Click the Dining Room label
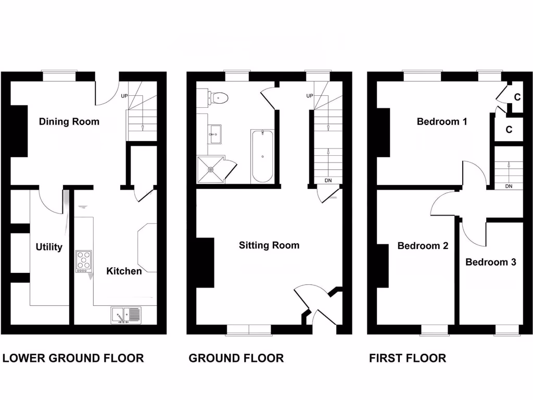click(x=69, y=122)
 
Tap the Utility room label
click(x=49, y=247)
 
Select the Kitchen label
click(x=124, y=271)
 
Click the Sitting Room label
click(x=269, y=245)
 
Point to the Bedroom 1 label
click(x=442, y=122)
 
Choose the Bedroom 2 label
click(x=423, y=246)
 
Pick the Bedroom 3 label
click(x=491, y=262)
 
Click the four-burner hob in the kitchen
click(x=83, y=261)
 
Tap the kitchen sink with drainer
click(x=125, y=315)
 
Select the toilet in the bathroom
click(x=219, y=97)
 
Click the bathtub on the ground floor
click(x=262, y=156)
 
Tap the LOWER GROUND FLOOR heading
click(x=73, y=358)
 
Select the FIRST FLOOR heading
click(x=408, y=358)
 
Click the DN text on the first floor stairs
click(x=509, y=186)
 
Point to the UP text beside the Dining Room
click(x=124, y=96)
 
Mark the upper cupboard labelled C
click(x=517, y=97)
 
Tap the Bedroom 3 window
click(x=506, y=329)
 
